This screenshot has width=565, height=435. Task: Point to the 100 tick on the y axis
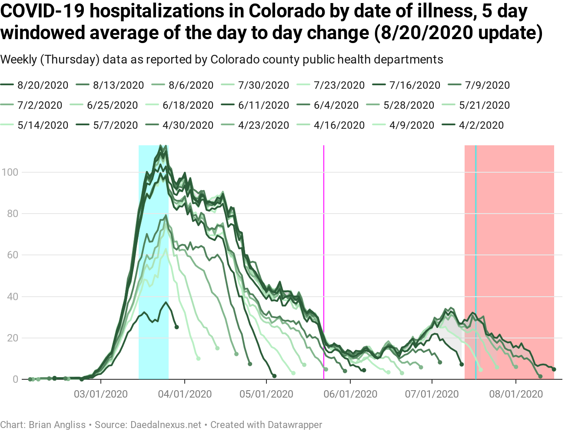point(10,172)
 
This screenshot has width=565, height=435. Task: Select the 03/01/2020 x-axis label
point(101,394)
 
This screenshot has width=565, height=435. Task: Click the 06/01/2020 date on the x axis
point(350,394)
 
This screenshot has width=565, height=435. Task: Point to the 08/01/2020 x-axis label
point(516,394)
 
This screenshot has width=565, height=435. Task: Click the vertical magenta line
point(324,261)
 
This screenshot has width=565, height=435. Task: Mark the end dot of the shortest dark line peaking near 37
point(176,327)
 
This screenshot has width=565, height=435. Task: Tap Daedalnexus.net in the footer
point(166,425)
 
